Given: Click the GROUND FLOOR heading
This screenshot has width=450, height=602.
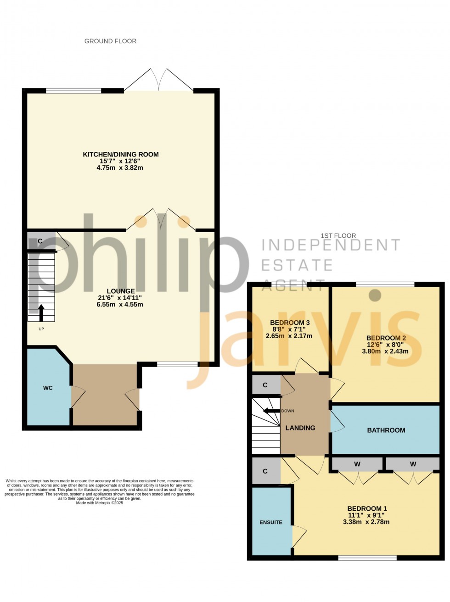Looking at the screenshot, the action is (x=110, y=41).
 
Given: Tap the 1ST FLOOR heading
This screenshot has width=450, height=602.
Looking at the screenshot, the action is (x=338, y=235).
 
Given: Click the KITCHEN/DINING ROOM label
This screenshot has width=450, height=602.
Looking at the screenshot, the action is (x=121, y=155).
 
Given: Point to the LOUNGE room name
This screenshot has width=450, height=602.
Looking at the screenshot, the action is (x=121, y=291).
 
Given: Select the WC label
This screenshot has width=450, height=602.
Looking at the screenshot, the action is (x=48, y=388).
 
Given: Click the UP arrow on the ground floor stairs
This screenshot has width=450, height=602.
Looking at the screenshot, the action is (x=41, y=312).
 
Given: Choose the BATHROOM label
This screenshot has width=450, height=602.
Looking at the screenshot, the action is (x=386, y=430).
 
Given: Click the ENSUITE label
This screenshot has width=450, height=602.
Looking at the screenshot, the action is (x=271, y=522).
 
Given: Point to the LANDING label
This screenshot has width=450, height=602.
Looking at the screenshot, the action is (x=300, y=428).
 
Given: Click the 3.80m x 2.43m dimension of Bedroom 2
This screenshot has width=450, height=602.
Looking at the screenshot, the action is (x=385, y=351).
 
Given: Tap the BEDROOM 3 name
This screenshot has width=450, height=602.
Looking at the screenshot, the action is (x=290, y=323).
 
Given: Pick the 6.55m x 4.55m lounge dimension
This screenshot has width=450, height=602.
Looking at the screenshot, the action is (x=120, y=304).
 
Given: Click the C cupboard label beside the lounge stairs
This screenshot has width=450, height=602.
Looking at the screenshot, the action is (x=40, y=241).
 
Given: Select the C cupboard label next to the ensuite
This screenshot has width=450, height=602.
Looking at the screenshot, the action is (x=265, y=471).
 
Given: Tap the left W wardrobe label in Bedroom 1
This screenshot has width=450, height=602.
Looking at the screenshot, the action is (x=357, y=464).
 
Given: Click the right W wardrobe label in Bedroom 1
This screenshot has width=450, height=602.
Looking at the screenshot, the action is (x=413, y=464).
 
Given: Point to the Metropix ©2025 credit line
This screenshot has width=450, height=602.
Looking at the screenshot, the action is (x=100, y=503).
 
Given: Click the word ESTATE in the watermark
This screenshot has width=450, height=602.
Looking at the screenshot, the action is (x=297, y=265).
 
